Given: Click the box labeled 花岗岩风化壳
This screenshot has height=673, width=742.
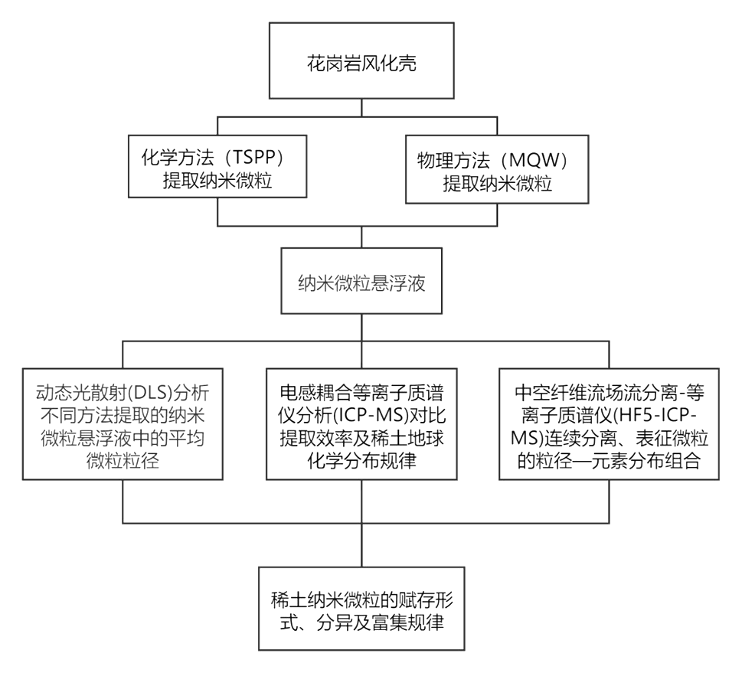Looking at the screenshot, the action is click(361, 60).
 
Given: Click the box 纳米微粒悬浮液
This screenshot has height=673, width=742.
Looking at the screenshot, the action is click(361, 281).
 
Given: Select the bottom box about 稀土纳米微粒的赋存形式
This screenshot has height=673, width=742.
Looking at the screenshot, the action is click(361, 608).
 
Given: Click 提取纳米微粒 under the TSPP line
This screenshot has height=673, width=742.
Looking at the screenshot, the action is click(217, 181).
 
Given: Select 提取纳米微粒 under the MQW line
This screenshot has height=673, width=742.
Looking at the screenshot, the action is click(498, 184).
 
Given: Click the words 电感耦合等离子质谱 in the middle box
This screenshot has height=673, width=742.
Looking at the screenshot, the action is click(361, 393).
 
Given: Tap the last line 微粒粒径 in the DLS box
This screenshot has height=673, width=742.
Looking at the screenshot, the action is click(123, 460).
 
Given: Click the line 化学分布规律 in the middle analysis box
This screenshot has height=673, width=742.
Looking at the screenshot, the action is click(361, 460).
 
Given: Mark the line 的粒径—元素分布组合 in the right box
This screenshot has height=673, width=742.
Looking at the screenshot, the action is click(609, 460).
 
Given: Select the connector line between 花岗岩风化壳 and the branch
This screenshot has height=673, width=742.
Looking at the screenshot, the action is click(361, 108).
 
